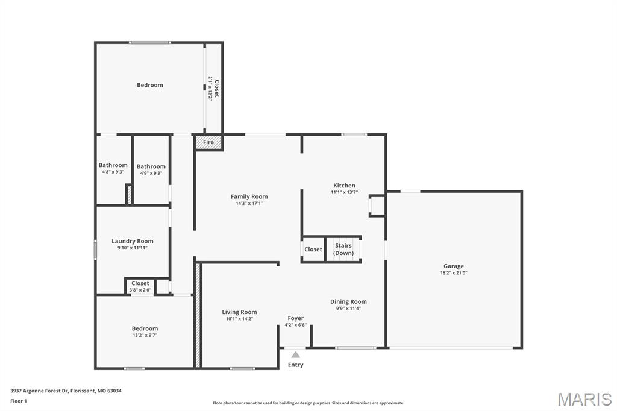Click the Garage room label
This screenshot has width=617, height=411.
453,266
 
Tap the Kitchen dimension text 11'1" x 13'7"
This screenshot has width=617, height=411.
344,193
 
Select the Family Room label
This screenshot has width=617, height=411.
249,196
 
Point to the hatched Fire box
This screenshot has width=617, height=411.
208,142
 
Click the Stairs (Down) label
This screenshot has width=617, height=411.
343,249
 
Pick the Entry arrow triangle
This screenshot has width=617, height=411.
295,355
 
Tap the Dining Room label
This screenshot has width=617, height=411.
348,301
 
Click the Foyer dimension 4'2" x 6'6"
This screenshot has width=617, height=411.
295,325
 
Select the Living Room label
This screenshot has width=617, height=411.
239,312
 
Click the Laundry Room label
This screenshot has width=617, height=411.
133,241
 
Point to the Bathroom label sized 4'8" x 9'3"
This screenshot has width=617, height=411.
113,165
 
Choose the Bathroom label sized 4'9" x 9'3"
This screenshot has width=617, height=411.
151,166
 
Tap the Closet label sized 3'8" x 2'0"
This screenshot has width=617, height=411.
140,283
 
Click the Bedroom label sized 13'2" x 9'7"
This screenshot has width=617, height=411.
145,328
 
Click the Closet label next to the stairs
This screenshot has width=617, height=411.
313,249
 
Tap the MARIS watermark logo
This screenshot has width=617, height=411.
584,399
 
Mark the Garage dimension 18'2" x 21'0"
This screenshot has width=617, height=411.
453,273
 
